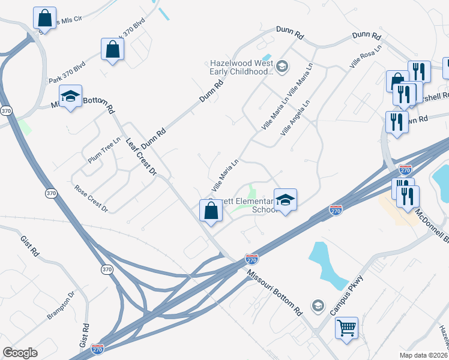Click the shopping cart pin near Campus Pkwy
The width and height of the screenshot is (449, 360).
pos(346,328)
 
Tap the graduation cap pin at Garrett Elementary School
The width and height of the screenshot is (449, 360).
pos(286,199)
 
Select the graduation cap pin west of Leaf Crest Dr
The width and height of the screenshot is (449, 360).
pos(70,97)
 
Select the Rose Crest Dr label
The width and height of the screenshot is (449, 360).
pos(91,198)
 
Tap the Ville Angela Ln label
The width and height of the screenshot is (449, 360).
pos(295,116)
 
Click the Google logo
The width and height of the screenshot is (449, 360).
pos(20,353)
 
